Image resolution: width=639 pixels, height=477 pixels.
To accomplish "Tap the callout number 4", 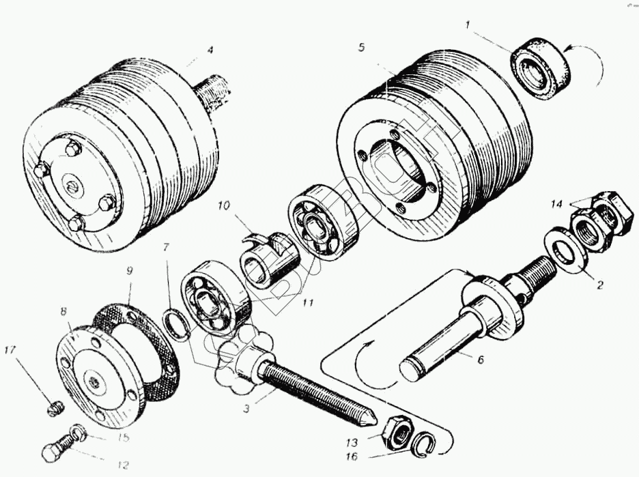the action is click(211, 49).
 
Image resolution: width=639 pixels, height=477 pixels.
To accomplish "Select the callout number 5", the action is click(361, 47).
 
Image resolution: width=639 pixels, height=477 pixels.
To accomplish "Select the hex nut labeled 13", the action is click(394, 431).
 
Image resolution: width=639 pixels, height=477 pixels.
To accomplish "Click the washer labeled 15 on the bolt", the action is click(78, 432).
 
